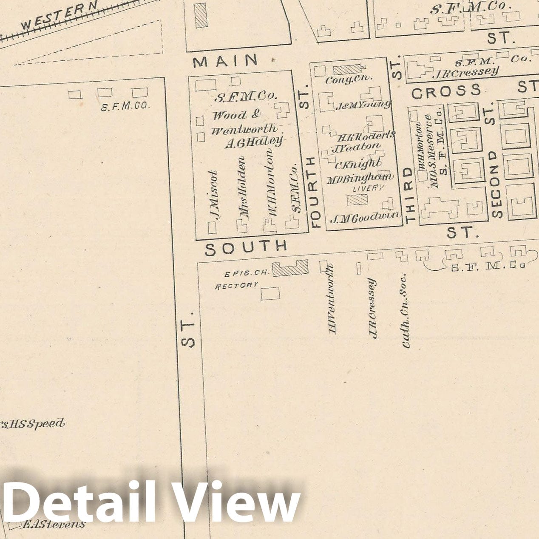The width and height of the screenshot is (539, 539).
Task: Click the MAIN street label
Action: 225,61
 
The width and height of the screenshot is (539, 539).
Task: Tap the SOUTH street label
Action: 246,247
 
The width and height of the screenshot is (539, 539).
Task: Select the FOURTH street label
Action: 315,192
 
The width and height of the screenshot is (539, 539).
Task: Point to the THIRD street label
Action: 409,195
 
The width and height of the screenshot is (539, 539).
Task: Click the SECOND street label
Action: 496,184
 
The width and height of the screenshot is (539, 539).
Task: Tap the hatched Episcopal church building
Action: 290,268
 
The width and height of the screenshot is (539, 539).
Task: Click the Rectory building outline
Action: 270,293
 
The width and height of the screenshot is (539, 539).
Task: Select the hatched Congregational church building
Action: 348,69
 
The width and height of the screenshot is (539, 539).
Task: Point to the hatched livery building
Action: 357,200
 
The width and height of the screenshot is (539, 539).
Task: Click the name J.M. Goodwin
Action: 365,218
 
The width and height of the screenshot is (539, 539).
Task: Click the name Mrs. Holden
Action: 242,187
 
